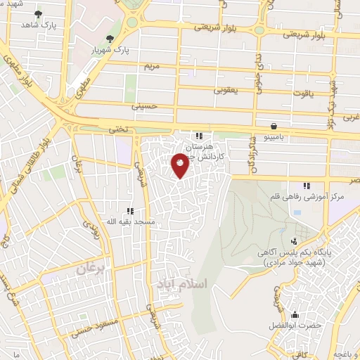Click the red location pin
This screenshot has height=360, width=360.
point(180,164)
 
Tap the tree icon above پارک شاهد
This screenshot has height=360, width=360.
point(37,13)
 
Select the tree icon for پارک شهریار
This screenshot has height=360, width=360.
point(108,39)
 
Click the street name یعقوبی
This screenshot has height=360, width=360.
point(227,90)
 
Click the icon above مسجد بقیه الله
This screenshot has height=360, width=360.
point(129,210)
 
